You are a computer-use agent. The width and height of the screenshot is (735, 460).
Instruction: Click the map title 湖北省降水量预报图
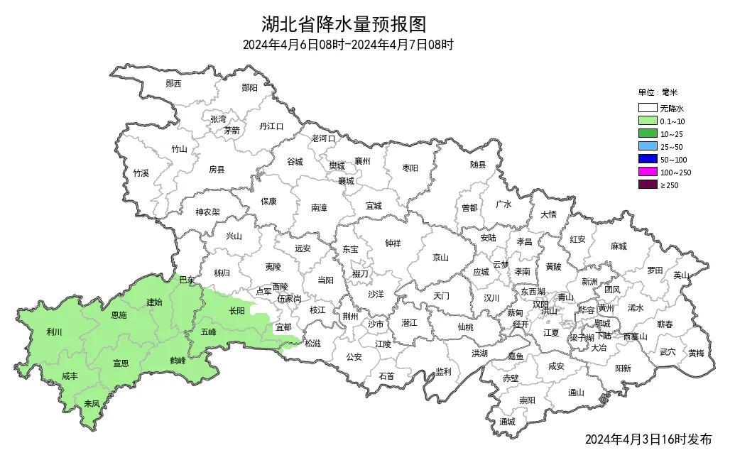[x=344, y=24]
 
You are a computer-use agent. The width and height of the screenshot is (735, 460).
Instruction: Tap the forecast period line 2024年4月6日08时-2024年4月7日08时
[x=348, y=45]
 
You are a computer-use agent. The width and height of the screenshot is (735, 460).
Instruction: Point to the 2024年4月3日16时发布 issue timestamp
[x=648, y=439]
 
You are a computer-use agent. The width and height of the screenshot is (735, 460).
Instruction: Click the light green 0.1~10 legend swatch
[x=647, y=121]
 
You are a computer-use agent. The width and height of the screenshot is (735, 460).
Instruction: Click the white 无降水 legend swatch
[x=647, y=109]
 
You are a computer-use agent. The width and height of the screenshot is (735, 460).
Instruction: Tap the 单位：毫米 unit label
[x=658, y=92]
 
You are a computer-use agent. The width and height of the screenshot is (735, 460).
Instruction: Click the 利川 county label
[x=54, y=332]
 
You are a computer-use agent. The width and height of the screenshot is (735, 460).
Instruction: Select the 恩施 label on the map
[x=119, y=314]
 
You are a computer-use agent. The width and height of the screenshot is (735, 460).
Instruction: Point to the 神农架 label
[x=208, y=212]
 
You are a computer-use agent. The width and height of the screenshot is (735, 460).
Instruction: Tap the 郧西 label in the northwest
[x=173, y=84]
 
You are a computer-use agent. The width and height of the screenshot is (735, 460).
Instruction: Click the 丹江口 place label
[x=271, y=126]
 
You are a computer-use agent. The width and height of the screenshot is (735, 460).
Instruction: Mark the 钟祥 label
[x=393, y=243]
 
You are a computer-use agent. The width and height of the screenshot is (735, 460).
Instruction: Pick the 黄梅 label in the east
[x=696, y=353]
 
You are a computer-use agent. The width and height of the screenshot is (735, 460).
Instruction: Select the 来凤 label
[x=92, y=403]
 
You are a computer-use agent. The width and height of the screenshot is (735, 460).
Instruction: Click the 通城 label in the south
[x=506, y=422]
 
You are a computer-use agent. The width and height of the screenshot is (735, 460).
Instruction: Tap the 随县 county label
[x=478, y=165]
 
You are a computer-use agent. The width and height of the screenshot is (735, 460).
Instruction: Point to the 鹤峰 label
[x=178, y=361]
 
